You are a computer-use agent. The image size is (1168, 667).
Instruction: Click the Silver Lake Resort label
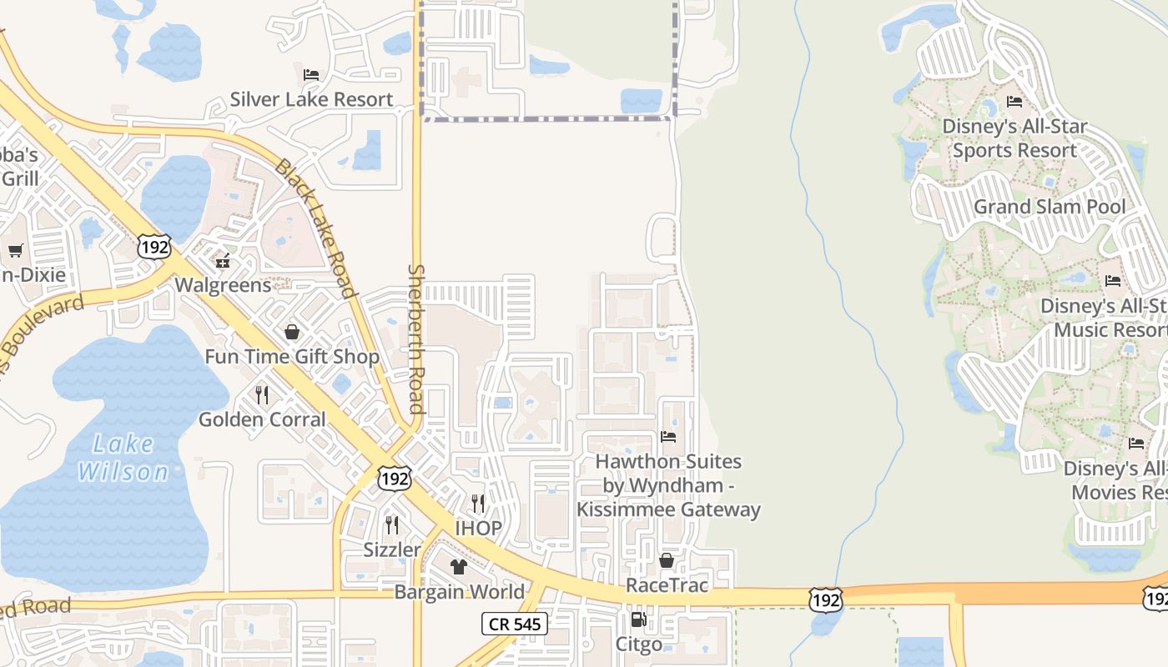pyautogui.click(x=311, y=99)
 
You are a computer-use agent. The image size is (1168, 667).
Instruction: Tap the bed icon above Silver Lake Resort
pyautogui.click(x=311, y=75)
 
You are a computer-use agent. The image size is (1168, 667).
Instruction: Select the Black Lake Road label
pyautogui.click(x=316, y=228)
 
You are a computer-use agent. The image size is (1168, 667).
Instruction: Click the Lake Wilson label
pyautogui.click(x=123, y=458)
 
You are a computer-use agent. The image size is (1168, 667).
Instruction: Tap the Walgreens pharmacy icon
pyautogui.click(x=223, y=261)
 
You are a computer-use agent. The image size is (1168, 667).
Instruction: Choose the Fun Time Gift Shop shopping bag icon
pyautogui.click(x=292, y=332)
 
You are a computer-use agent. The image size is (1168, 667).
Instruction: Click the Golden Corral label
pyautogui.click(x=262, y=419)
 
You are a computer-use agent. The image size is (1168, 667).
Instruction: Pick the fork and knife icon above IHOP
pyautogui.click(x=478, y=503)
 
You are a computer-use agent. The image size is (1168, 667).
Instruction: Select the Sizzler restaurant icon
pyautogui.click(x=391, y=524)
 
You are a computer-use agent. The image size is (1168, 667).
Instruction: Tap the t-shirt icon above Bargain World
pyautogui.click(x=459, y=567)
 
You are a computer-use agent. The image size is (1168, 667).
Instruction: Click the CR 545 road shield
pyautogui.click(x=515, y=624)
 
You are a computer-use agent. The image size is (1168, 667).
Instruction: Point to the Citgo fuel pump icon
pyautogui.click(x=639, y=619)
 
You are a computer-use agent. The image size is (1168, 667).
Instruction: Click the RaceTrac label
pyautogui.click(x=667, y=585)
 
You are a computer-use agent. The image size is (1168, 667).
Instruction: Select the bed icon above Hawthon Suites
pyautogui.click(x=668, y=436)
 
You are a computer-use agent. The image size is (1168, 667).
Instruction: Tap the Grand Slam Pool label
pyautogui.click(x=1050, y=206)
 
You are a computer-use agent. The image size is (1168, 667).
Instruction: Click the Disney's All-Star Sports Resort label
pyautogui.click(x=1014, y=138)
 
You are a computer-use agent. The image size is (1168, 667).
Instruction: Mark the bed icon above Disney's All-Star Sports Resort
pyautogui.click(x=1014, y=102)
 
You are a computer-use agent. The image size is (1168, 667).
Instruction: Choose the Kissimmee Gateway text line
pyautogui.click(x=668, y=509)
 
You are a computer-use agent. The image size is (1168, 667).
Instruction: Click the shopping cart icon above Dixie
pyautogui.click(x=15, y=250)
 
